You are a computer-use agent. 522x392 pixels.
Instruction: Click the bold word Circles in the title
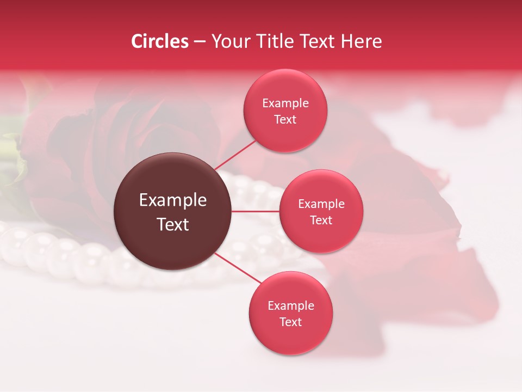pyautogui.click(x=160, y=41)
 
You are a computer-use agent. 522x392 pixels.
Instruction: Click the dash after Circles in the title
pyautogui.click(x=200, y=42)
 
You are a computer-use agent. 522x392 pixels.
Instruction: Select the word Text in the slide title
pyautogui.click(x=322, y=41)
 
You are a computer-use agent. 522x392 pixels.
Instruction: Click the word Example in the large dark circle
pyautogui.click(x=173, y=200)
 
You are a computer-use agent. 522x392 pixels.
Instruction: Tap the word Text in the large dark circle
pyautogui.click(x=173, y=224)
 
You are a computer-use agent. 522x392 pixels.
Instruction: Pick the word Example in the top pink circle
pyautogui.click(x=285, y=103)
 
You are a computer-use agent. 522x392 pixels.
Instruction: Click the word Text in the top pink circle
pyautogui.click(x=285, y=119)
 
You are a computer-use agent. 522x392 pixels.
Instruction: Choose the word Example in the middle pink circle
pyautogui.click(x=321, y=204)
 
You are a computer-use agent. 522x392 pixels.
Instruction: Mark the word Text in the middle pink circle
pyautogui.click(x=321, y=220)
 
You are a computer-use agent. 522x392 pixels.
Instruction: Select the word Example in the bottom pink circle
pyautogui.click(x=291, y=305)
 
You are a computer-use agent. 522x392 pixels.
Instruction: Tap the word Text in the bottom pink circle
pyautogui.click(x=291, y=322)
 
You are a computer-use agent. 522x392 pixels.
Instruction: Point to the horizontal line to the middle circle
pyautogui.click(x=256, y=211)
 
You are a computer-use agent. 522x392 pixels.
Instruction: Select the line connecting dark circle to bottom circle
pyautogui.click(x=238, y=268)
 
